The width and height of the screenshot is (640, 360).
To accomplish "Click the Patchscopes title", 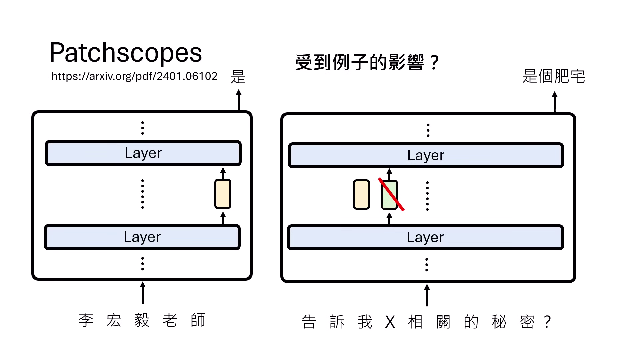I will pos(126,53).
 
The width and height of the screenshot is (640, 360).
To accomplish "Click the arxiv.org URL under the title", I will pos(134,76).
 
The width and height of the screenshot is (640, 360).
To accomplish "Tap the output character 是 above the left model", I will pos(238,77).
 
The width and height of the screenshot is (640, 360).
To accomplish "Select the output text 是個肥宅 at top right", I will pos(554,76).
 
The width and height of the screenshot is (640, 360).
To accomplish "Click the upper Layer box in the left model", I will pos(143,153).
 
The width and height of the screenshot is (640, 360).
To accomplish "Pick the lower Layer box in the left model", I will pos(142,237).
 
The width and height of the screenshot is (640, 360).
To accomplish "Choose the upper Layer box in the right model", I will pos(426,156).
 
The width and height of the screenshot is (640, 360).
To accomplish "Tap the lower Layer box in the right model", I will pos(425,238).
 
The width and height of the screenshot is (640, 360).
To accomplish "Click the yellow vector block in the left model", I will pos(223,194).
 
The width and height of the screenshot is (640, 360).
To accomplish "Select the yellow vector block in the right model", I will pos(361,195).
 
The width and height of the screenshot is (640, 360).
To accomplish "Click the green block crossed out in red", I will pos(389,195).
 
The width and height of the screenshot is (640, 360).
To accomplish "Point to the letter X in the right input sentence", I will pos(390,322).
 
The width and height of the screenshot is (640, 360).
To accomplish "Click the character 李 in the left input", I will pos(86,320).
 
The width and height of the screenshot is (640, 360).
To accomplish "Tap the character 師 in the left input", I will pos(198,320).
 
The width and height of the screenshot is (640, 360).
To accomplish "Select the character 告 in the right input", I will pos(309,322).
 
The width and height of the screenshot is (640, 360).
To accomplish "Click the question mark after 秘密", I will pos(547,322).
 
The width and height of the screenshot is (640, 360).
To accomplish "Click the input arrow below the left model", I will pos(143,293).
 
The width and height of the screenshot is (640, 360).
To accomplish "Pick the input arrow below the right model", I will pos(427,295).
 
